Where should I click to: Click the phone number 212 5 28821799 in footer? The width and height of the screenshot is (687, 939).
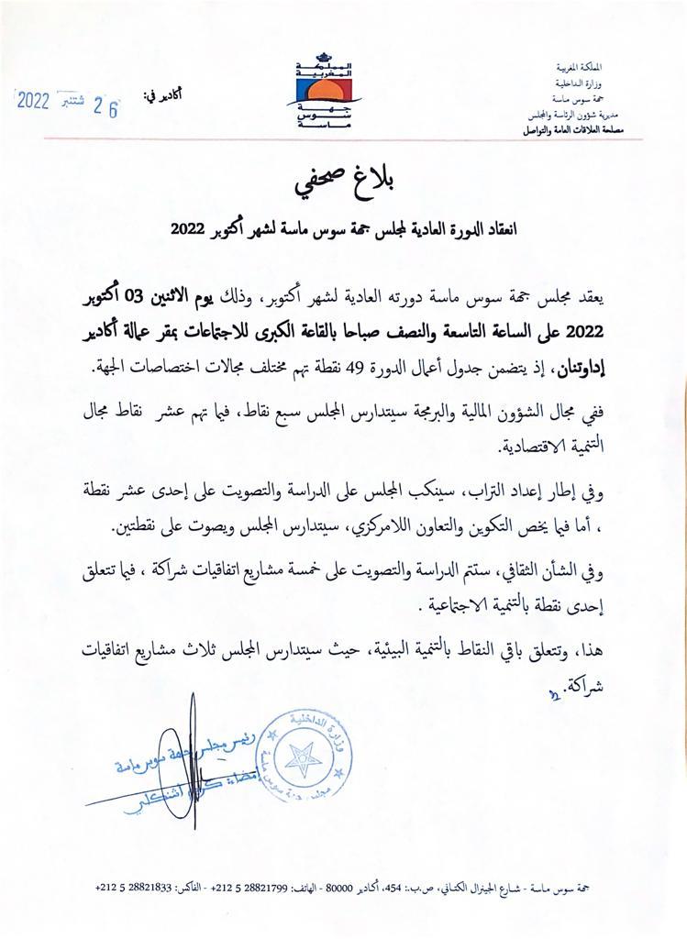[x=270, y=888]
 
